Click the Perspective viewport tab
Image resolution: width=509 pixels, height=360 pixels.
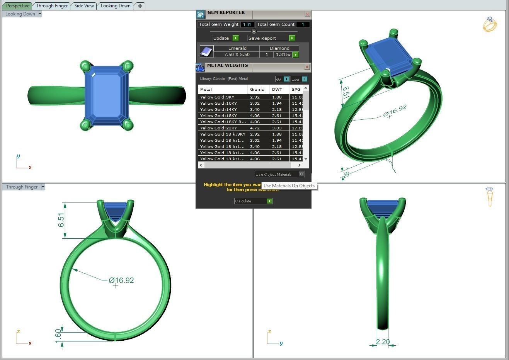[18, 6]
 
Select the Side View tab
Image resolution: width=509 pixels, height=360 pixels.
[84, 6]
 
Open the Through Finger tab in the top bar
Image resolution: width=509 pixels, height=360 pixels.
[52, 6]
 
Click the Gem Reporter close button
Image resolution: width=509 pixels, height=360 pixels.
[307, 14]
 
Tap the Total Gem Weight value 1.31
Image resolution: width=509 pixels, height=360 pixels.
[247, 24]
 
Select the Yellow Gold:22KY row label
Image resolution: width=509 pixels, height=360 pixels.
[219, 128]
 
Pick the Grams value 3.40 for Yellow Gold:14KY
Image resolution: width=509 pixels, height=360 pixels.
[255, 109]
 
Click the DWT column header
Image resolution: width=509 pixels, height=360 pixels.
[277, 89]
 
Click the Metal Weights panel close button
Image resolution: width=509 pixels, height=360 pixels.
[307, 67]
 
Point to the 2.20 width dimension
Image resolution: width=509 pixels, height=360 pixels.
[383, 342]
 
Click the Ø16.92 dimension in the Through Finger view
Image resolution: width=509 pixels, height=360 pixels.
[121, 280]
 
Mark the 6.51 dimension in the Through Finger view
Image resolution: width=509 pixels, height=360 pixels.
[61, 220]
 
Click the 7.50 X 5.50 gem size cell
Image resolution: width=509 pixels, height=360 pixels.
[237, 55]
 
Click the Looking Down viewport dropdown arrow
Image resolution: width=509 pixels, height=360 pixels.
[40, 14]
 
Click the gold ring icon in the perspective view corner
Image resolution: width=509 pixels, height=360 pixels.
[490, 24]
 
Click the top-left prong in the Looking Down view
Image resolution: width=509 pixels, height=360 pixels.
[85, 66]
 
